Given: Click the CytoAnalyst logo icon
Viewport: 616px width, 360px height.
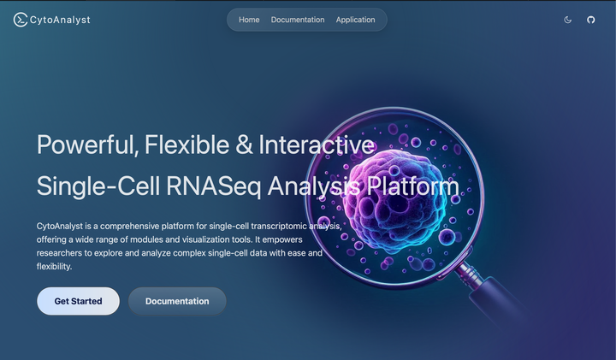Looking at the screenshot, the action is point(21,20).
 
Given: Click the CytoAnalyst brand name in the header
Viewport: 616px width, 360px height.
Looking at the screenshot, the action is point(60,20).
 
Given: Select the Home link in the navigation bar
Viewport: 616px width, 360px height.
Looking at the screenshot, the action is point(249,20).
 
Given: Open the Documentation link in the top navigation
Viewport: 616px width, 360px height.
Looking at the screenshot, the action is point(298,20).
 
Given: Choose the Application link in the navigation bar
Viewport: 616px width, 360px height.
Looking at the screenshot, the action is point(356,20).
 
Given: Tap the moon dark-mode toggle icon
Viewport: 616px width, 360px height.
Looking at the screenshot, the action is point(568,20).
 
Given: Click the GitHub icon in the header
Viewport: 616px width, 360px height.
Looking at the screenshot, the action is point(591,20).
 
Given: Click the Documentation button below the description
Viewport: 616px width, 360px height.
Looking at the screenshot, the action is point(177,301).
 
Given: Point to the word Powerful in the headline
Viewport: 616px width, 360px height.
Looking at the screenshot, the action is point(87,145).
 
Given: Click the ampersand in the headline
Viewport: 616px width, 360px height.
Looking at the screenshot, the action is point(244,145).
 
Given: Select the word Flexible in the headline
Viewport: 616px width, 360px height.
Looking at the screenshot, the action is point(187,144).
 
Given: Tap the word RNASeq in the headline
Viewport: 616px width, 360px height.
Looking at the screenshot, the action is point(213,186).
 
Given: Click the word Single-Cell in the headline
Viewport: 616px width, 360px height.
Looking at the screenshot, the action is point(98,186).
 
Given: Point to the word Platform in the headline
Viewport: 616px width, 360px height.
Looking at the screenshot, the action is point(412,186).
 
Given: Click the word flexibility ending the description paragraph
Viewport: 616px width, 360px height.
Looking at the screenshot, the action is point(54,266).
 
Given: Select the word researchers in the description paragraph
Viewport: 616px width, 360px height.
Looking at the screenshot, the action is point(59,253).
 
